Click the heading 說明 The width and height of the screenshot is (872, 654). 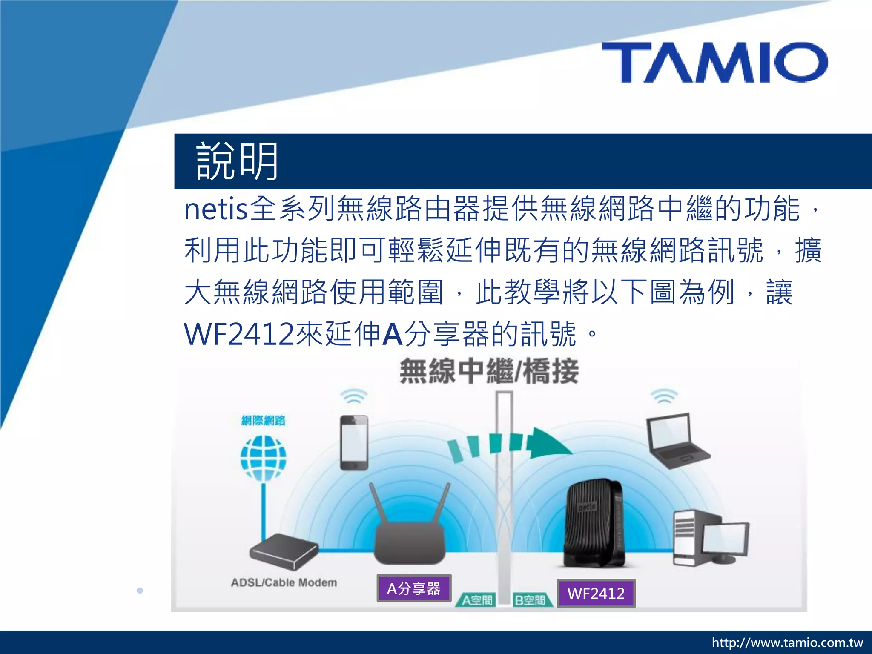click(x=237, y=161)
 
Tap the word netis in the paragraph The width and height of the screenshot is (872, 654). click(x=215, y=209)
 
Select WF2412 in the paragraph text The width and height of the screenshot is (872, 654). click(x=239, y=334)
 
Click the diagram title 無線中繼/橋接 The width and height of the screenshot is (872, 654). click(x=489, y=372)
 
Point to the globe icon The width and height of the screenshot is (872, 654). click(x=263, y=458)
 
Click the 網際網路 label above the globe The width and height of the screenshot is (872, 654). click(x=263, y=421)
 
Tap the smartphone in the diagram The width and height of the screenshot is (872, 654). click(x=354, y=443)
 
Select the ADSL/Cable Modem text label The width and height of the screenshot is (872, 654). click(x=284, y=582)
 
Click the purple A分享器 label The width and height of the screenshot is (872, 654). click(x=413, y=588)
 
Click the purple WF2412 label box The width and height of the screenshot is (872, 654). click(x=596, y=593)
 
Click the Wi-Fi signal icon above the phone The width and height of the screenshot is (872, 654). click(x=353, y=396)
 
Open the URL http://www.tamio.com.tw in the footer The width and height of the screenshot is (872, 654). click(x=787, y=643)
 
